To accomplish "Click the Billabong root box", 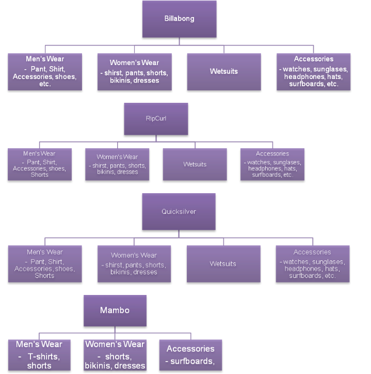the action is [180, 19].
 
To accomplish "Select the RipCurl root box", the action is [156, 119].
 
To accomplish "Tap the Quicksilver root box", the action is [179, 212].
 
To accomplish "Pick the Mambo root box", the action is [115, 310].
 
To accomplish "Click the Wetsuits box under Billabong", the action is [224, 72].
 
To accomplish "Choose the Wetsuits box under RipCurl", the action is [195, 164].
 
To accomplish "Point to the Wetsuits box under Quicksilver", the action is [223, 264].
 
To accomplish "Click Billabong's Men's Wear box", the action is [45, 72].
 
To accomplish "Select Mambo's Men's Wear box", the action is [39, 355].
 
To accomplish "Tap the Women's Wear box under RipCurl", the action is [117, 164].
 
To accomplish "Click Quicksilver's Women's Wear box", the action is [134, 264].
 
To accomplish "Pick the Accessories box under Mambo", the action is [190, 355].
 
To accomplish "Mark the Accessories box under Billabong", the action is [314, 72].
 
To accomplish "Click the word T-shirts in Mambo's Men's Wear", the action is [44, 356].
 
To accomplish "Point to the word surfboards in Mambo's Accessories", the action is [192, 361].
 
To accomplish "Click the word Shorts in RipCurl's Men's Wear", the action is [40, 175].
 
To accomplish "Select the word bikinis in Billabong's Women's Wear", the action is [120, 81].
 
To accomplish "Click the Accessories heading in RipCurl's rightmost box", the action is [272, 153].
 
